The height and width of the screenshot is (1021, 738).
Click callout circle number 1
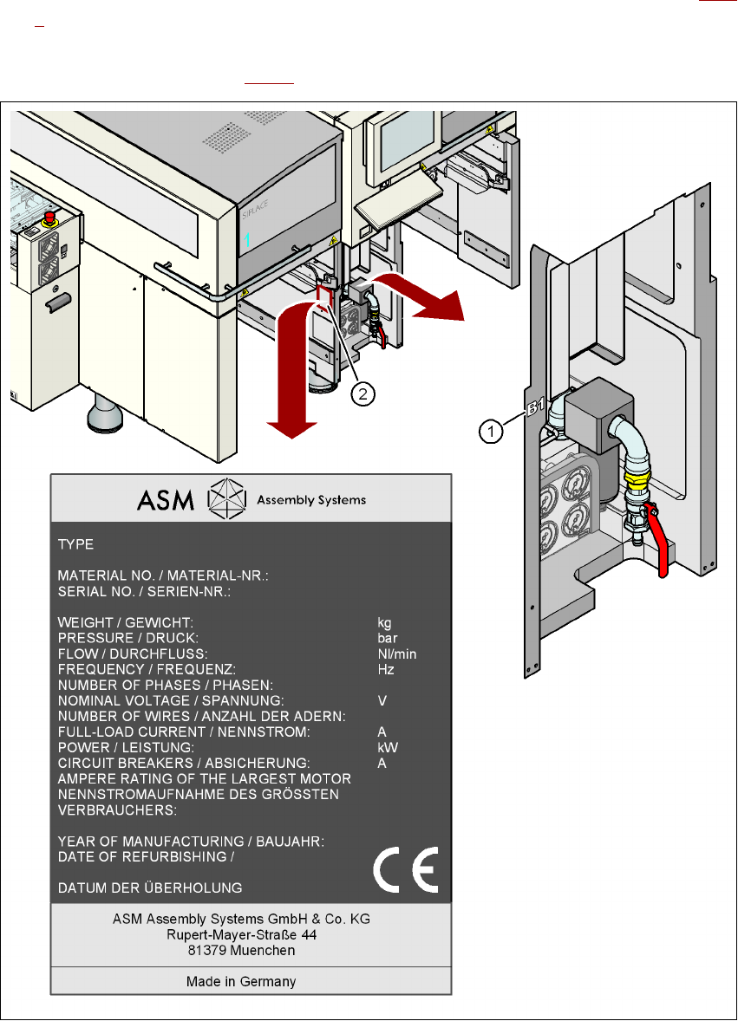[491, 429]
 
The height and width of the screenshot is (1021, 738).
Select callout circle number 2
[363, 393]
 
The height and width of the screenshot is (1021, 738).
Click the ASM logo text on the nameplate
[168, 499]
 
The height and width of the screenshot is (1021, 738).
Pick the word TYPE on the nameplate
[75, 545]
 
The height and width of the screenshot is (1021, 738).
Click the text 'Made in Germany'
[241, 981]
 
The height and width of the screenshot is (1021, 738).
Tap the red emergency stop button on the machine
[50, 212]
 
